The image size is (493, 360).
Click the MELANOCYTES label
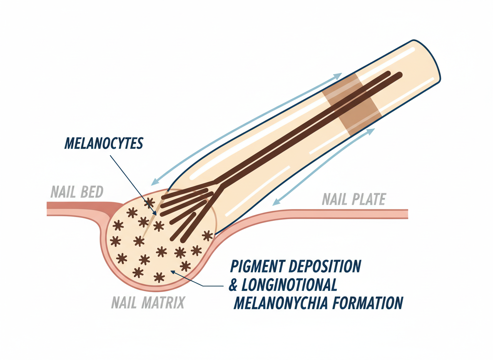tap(104, 143)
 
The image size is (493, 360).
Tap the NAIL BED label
tap(77, 192)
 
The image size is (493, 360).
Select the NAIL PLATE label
tap(354, 200)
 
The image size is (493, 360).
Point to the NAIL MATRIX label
tap(148, 302)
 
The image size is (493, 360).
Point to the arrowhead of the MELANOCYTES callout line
tap(155, 214)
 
